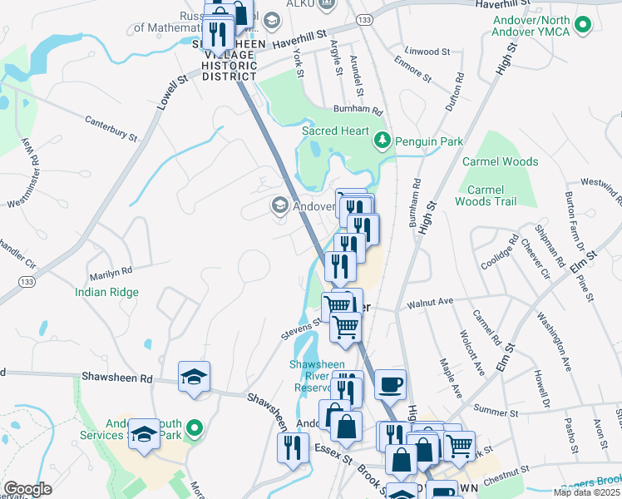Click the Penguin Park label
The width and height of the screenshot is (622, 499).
pyautogui.click(x=429, y=141)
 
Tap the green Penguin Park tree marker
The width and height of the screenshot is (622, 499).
pyautogui.click(x=383, y=141)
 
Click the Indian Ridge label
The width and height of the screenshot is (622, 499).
pyautogui.click(x=106, y=292)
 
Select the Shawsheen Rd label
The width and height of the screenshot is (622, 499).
pyautogui.click(x=117, y=378)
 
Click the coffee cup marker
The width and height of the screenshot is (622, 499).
pyautogui.click(x=390, y=384)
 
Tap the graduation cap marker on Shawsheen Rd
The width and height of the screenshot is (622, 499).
pyautogui.click(x=194, y=376)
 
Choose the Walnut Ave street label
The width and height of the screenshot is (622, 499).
pyautogui.click(x=429, y=303)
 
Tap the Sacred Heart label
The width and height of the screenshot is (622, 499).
pyautogui.click(x=335, y=131)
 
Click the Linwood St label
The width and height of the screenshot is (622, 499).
pyautogui.click(x=427, y=52)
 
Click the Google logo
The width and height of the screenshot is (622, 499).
pyautogui.click(x=27, y=489)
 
